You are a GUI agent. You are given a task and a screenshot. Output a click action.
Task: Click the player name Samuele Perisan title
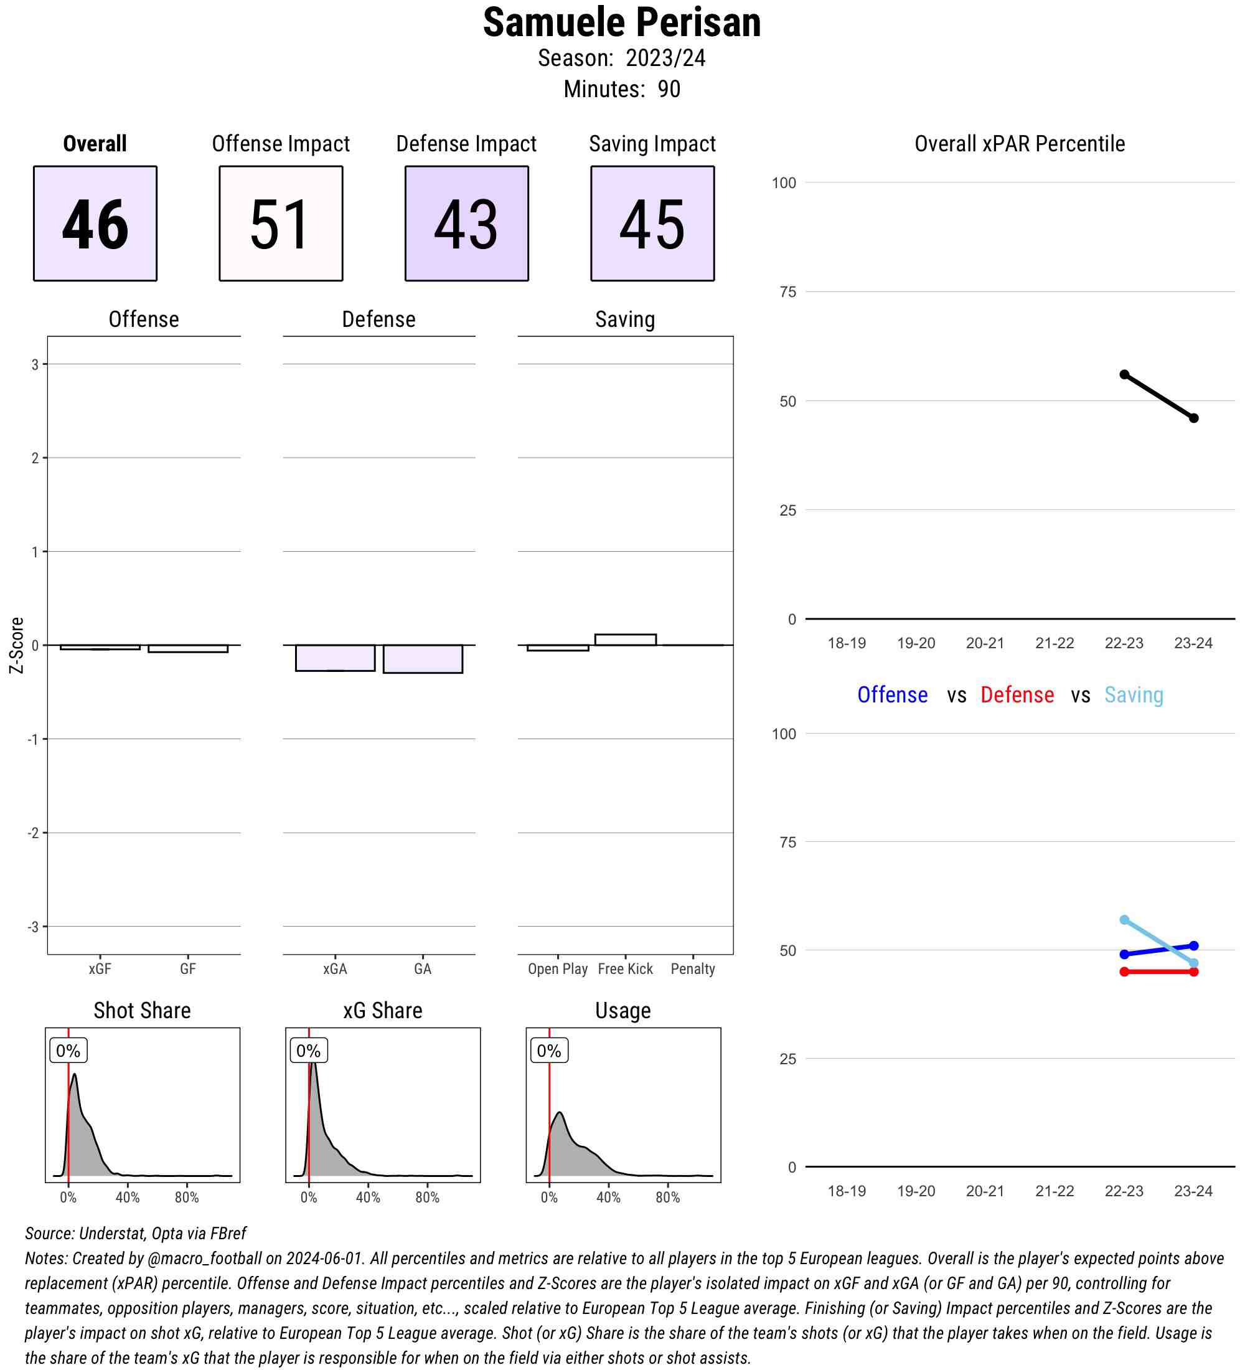point(621,23)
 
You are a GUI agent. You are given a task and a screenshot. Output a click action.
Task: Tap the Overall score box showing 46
point(95,223)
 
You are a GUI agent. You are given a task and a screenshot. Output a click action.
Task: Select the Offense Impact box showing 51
point(281,223)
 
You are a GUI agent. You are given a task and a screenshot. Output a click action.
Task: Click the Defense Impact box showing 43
point(467,223)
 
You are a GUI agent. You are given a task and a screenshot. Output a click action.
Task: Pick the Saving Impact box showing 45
point(652,223)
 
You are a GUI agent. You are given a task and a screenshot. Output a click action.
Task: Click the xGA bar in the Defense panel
point(335,658)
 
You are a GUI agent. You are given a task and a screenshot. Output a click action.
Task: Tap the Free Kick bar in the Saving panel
point(625,640)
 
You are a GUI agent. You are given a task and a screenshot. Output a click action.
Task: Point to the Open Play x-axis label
point(558,969)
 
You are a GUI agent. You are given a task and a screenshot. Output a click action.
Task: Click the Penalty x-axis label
point(692,969)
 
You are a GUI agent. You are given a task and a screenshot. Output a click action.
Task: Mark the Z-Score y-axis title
point(16,645)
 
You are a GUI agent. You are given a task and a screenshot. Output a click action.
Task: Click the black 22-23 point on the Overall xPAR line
point(1124,374)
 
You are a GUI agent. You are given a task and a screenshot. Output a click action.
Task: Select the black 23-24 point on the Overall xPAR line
point(1193,418)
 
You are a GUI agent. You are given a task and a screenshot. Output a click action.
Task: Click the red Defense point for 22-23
point(1124,972)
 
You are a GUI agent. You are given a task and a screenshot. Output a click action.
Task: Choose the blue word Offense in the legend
point(892,694)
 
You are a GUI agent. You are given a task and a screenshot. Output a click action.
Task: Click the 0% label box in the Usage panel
point(549,1051)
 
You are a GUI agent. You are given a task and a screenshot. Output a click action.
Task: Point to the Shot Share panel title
point(142,1011)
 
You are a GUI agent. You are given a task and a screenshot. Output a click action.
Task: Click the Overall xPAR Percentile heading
point(1019,144)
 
